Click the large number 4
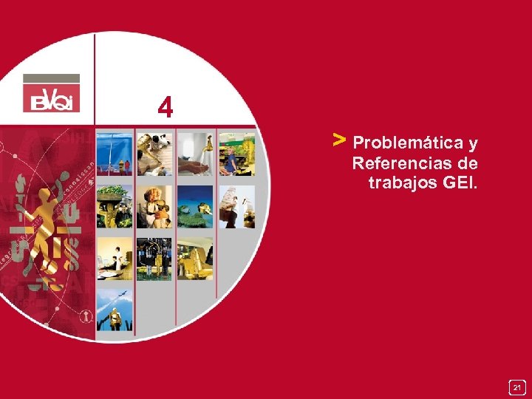(x=166, y=109)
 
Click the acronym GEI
(x=458, y=182)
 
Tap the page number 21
(x=517, y=387)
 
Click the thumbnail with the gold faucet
(x=194, y=154)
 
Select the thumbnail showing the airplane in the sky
(x=115, y=310)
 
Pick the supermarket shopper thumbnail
(x=236, y=154)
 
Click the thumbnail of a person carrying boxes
(x=236, y=206)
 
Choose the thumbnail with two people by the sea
(x=115, y=154)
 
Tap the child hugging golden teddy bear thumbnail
(x=154, y=206)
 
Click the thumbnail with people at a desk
(x=115, y=258)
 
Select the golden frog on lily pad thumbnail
(x=194, y=206)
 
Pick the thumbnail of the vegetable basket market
(x=115, y=206)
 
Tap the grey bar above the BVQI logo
(x=51, y=78)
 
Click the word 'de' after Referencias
(x=468, y=163)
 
